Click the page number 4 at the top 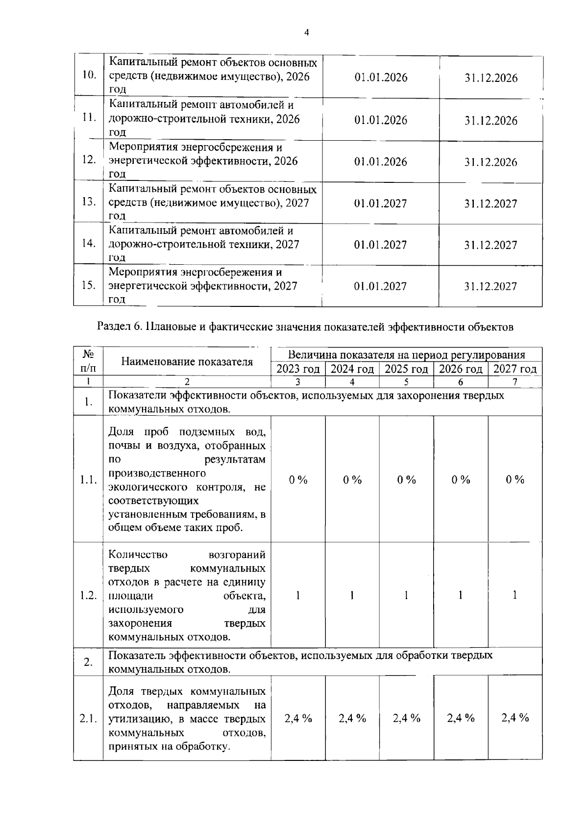pyautogui.click(x=307, y=33)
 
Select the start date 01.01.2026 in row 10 pyautogui.click(x=381, y=78)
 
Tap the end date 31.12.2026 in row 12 pyautogui.click(x=490, y=162)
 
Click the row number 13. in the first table pyautogui.click(x=88, y=202)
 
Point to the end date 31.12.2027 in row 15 pyautogui.click(x=490, y=287)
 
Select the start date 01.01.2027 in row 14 pyautogui.click(x=381, y=245)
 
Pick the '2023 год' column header pyautogui.click(x=298, y=369)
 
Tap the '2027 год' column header pyautogui.click(x=514, y=369)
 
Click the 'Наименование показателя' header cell pyautogui.click(x=187, y=362)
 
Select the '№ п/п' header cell pyautogui.click(x=88, y=361)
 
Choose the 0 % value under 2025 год pyautogui.click(x=406, y=480)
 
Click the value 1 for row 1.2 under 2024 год pyautogui.click(x=352, y=596)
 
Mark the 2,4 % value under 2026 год pyautogui.click(x=461, y=718)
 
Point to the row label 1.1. pyautogui.click(x=88, y=480)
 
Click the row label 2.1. pyautogui.click(x=88, y=719)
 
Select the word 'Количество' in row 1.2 pyautogui.click(x=138, y=555)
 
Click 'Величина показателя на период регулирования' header pyautogui.click(x=406, y=355)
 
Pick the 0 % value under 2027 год pyautogui.click(x=515, y=480)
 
